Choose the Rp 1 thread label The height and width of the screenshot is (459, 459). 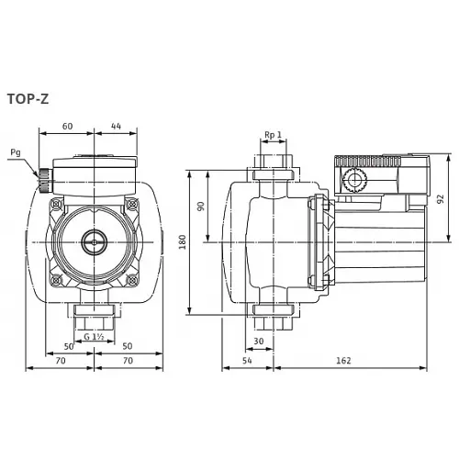coord(272,135)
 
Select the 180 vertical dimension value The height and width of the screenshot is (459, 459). coord(183,241)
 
